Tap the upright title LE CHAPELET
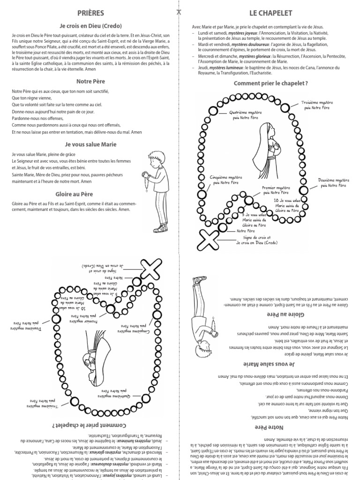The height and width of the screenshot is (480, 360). (x=270, y=13)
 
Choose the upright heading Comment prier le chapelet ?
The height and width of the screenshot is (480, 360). (x=271, y=83)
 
